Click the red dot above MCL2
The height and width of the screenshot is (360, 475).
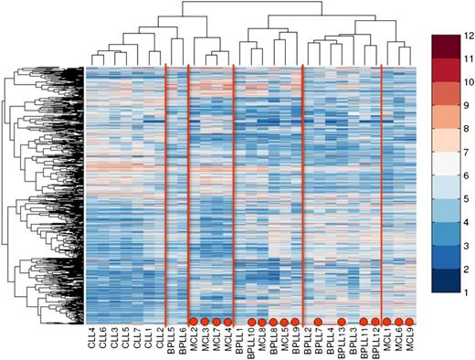pos(194,321)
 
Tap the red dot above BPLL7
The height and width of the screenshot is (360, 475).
pos(318,321)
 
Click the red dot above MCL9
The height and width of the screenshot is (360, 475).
pos(409,321)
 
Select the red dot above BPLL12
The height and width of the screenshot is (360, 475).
pos(375,321)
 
